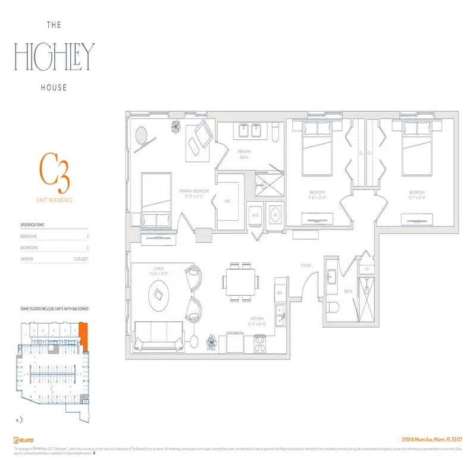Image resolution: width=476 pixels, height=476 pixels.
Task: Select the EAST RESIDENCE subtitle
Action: pyautogui.click(x=55, y=201)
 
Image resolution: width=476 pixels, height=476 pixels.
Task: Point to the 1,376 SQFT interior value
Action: pyautogui.click(x=80, y=259)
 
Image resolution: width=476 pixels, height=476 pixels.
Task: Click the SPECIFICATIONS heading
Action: pyautogui.click(x=32, y=225)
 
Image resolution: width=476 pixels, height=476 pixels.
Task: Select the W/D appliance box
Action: pyautogui.click(x=255, y=214)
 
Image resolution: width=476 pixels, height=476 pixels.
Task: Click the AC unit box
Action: pyautogui.click(x=275, y=214)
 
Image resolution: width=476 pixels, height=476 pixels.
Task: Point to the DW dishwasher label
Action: pyautogui.click(x=278, y=293)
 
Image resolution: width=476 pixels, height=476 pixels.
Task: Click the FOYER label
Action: pyautogui.click(x=306, y=266)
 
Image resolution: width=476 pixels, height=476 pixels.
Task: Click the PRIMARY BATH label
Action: pyautogui.click(x=245, y=154)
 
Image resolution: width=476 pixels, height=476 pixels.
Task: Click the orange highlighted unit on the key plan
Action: pyautogui.click(x=83, y=337)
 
